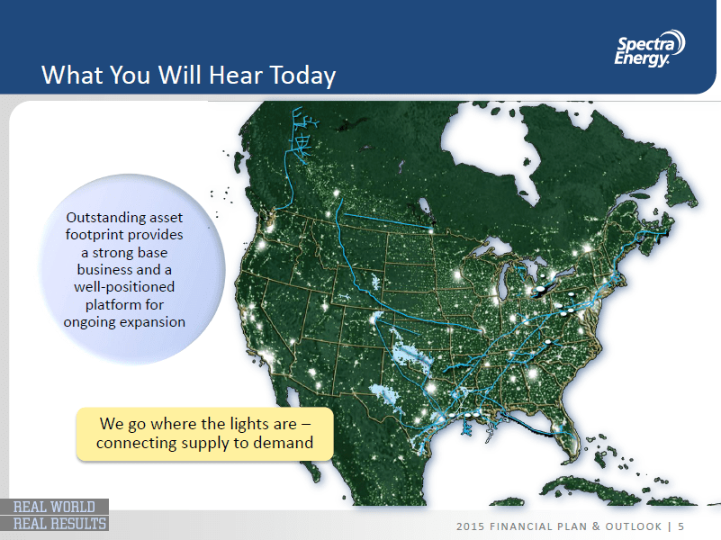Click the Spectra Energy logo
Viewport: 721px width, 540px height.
click(650, 49)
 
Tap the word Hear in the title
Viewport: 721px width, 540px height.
click(237, 75)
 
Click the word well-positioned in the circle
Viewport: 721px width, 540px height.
click(124, 287)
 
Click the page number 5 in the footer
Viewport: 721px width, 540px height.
click(681, 526)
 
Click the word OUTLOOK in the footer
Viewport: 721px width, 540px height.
click(633, 526)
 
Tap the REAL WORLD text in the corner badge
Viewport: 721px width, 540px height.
click(54, 507)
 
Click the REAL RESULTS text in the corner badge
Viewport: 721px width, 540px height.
click(59, 524)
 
